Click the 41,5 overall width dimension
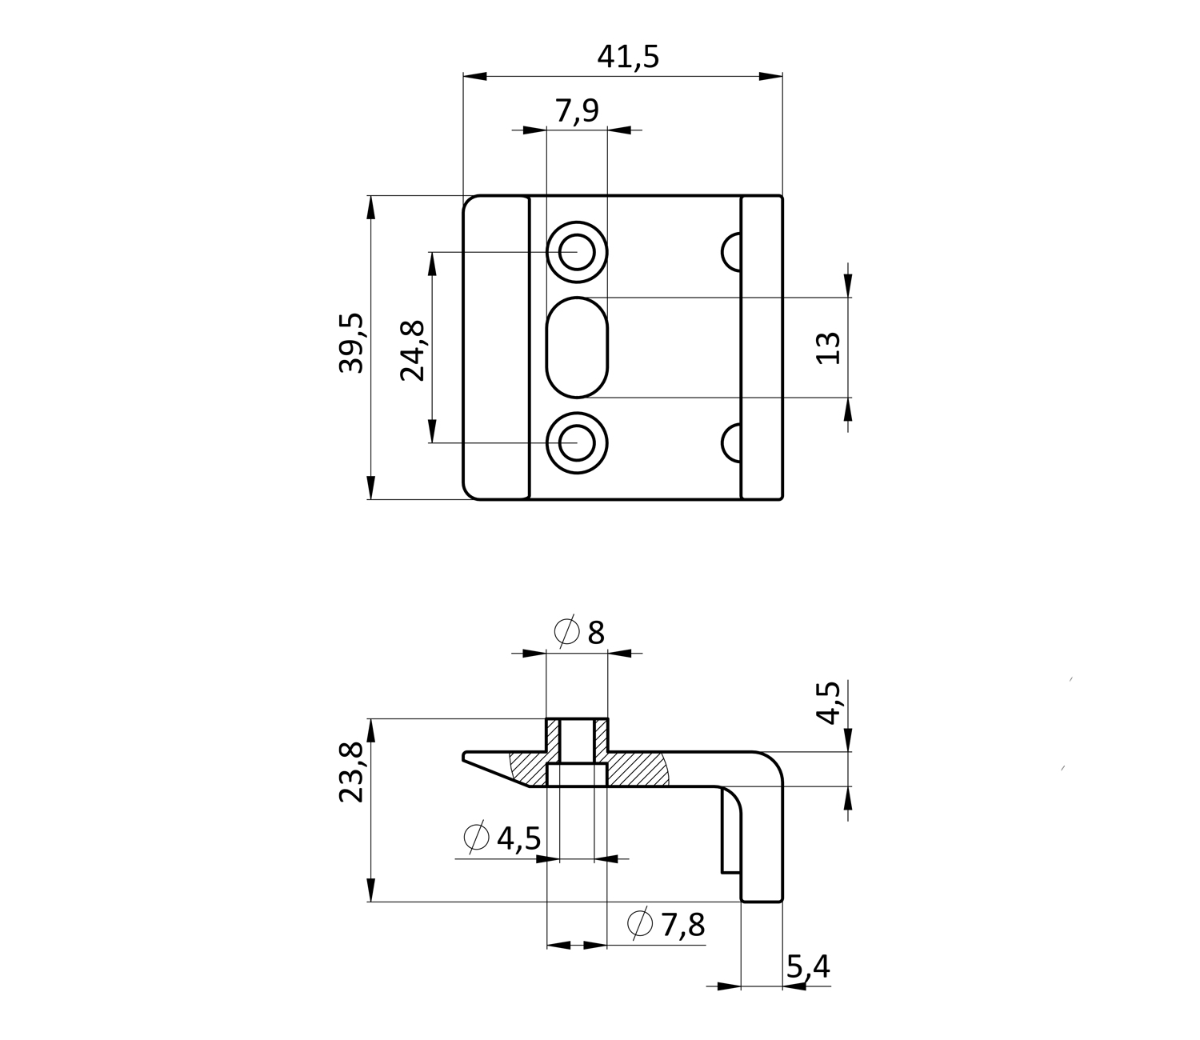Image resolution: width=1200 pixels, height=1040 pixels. (628, 58)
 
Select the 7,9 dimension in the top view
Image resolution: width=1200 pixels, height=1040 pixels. (577, 111)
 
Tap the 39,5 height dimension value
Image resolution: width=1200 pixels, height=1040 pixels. (352, 343)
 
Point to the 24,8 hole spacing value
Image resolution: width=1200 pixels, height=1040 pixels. (414, 350)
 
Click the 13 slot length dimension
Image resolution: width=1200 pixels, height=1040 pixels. (830, 348)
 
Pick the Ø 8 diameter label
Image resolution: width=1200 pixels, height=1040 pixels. (579, 633)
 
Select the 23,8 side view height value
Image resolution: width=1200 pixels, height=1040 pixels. (352, 772)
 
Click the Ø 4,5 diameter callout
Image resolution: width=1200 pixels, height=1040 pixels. (502, 838)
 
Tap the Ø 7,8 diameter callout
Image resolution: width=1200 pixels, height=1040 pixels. (666, 925)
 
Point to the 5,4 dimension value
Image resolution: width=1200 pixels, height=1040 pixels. (808, 968)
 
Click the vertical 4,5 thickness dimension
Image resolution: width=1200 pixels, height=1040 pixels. (830, 702)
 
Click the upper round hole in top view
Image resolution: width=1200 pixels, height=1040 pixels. (577, 253)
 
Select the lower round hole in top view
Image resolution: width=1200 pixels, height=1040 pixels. (577, 442)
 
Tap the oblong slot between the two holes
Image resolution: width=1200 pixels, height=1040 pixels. (577, 347)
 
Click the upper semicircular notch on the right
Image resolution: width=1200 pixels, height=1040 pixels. (732, 252)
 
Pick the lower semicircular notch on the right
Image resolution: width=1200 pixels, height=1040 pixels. (732, 443)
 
